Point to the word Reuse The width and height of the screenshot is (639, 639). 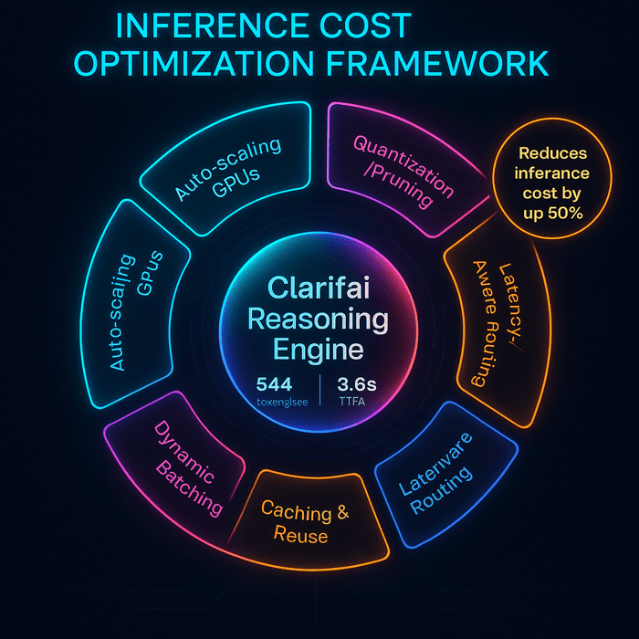[x=301, y=535]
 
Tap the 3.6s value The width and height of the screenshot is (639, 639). [x=358, y=383]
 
